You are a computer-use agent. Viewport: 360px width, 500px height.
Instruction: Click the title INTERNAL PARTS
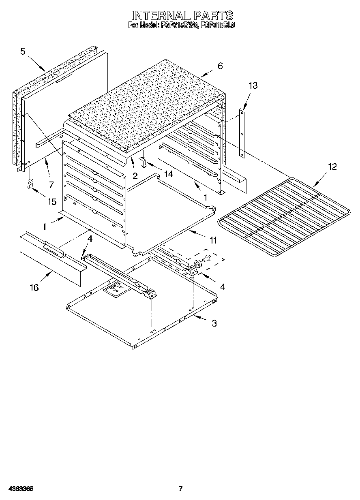(x=182, y=15)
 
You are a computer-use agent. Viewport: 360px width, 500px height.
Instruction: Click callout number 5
(x=23, y=51)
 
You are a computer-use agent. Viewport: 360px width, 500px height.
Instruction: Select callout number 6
(x=220, y=66)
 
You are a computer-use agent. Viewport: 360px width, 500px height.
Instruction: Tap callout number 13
(x=253, y=85)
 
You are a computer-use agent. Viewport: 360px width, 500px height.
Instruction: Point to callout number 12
(x=332, y=167)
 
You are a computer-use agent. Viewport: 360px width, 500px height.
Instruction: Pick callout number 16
(x=34, y=287)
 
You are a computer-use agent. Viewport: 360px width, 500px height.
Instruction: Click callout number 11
(x=213, y=240)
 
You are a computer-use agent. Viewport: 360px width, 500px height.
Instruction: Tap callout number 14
(x=168, y=174)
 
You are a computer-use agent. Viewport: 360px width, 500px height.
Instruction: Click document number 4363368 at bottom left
(x=20, y=489)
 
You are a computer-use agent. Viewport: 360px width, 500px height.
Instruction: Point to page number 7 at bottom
(x=181, y=488)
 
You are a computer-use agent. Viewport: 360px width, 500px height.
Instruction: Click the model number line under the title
(x=182, y=25)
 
